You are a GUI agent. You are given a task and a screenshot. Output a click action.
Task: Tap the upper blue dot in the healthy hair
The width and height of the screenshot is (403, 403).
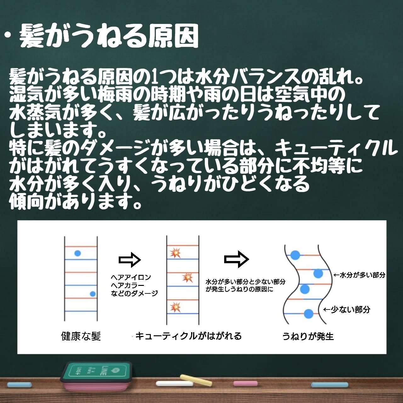coord(77,253)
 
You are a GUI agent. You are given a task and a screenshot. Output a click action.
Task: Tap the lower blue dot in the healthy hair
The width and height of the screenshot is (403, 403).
coord(93,294)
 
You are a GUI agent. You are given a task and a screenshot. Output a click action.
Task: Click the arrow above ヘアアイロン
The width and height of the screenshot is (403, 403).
coord(129,260)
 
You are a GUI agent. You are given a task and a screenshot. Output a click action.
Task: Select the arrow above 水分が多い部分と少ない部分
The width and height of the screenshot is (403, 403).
coord(236,259)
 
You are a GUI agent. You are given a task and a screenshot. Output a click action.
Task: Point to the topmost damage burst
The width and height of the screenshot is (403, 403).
coord(174,253)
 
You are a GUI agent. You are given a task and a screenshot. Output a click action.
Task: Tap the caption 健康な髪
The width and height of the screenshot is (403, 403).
coord(81,336)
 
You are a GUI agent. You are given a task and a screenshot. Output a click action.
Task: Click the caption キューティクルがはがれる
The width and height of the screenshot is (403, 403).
coord(188,336)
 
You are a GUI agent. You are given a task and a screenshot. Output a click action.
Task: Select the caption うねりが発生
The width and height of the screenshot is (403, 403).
coord(308,336)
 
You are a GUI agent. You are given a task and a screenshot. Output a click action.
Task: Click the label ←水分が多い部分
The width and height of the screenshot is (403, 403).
coord(359,275)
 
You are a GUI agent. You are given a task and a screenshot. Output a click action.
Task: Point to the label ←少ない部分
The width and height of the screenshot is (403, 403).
coord(347,309)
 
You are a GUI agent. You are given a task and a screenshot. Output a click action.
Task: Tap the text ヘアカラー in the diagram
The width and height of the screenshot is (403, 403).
coord(126,285)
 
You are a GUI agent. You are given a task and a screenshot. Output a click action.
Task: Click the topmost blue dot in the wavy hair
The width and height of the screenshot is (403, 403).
coord(295,255)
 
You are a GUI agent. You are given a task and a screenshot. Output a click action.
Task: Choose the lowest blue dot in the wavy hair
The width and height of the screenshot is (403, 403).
coord(308,314)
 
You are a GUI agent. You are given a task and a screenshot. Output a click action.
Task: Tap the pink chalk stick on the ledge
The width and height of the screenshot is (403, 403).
coord(245,383)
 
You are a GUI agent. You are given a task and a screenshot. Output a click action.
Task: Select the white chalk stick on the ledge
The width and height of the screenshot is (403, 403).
coord(174,384)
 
